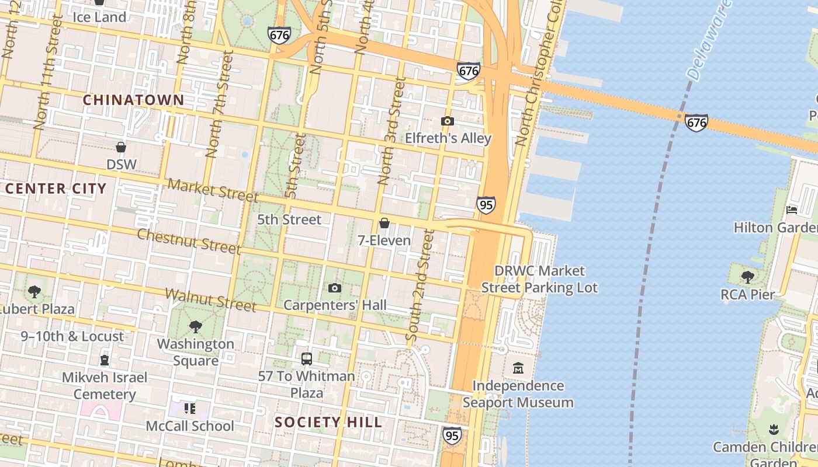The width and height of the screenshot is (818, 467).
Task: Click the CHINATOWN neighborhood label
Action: click(x=133, y=100)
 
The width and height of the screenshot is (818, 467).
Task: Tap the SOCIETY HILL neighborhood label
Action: click(x=328, y=422)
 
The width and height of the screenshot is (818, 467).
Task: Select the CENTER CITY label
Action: click(x=56, y=189)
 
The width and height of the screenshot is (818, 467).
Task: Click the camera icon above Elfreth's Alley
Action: click(x=448, y=121)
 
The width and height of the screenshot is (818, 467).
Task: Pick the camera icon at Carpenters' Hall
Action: click(x=335, y=288)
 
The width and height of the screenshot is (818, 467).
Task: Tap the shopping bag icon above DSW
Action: click(x=121, y=147)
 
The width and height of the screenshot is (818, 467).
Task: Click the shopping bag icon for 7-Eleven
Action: click(x=384, y=223)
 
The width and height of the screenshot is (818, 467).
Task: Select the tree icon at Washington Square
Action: click(x=196, y=326)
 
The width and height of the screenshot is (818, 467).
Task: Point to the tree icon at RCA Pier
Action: click(x=747, y=277)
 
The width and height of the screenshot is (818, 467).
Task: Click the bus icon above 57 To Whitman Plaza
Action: click(x=307, y=358)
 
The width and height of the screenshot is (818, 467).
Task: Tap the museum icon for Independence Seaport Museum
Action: click(x=518, y=368)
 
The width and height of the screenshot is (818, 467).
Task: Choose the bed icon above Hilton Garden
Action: click(x=792, y=210)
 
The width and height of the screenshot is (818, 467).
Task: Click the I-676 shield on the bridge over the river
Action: click(x=696, y=122)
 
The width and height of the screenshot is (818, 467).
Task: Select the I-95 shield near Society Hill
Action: click(x=452, y=435)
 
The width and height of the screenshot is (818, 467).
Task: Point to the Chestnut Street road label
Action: click(x=189, y=241)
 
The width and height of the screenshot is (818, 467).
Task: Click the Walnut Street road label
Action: click(x=211, y=299)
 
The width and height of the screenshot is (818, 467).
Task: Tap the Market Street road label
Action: click(x=213, y=190)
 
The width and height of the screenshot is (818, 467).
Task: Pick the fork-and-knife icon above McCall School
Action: click(x=189, y=408)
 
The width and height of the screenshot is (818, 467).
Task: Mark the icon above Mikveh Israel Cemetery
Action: click(x=105, y=360)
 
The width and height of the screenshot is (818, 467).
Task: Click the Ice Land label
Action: click(x=99, y=17)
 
